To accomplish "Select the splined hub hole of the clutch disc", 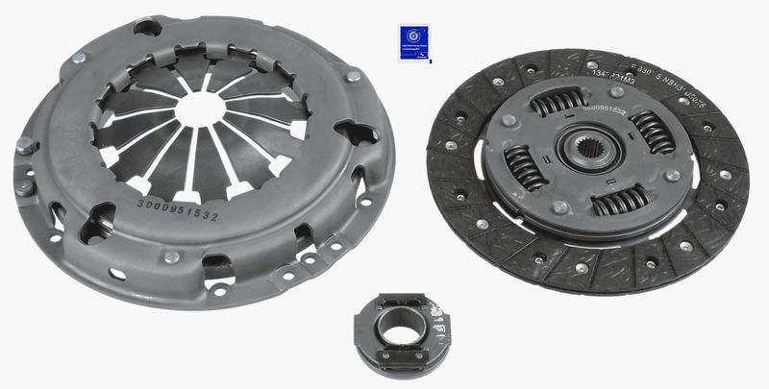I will (586, 154).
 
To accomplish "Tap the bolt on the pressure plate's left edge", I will (25, 146).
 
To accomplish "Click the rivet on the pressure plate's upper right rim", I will (353, 73).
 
